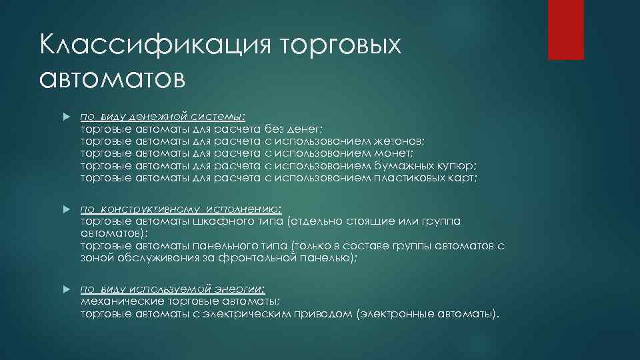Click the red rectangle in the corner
[x=565, y=29]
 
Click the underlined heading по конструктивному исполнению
[x=181, y=209]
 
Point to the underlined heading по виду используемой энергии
[x=173, y=289]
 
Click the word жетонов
[x=396, y=141]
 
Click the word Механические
[x=115, y=301]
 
